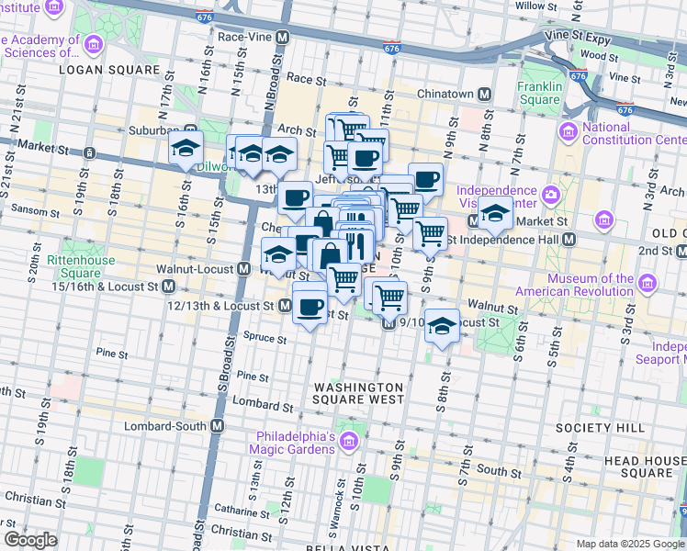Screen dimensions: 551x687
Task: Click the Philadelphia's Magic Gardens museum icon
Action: pos(348,444)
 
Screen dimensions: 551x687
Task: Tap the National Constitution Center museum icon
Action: pos(569,133)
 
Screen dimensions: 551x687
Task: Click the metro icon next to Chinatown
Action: pos(482,95)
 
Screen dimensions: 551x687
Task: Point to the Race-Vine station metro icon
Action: pos(283,38)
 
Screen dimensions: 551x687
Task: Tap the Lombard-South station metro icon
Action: pos(218,426)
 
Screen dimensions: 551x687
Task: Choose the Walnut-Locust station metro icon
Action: pos(244,269)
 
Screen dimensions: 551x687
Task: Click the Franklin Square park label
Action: pos(538,93)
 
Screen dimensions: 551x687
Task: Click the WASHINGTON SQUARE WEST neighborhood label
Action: pos(357,393)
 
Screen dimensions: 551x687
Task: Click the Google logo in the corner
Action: pos(30,540)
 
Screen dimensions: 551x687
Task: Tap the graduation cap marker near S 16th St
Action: pos(185,150)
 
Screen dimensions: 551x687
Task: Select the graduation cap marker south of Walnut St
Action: pos(442,327)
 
